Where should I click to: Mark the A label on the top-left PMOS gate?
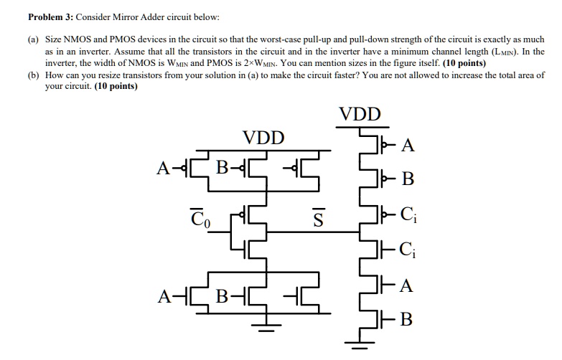[x=164, y=169]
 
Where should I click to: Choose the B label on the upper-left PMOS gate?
[x=223, y=169]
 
